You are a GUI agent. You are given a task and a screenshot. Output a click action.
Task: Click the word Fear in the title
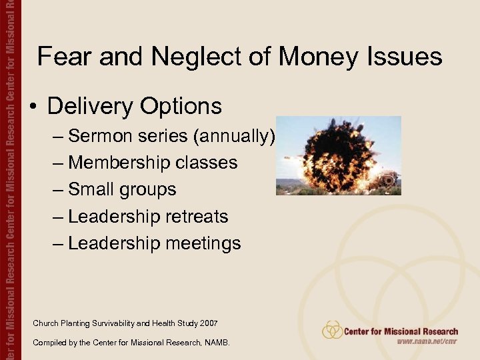(64, 57)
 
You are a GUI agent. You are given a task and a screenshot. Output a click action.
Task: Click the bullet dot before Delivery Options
(33, 107)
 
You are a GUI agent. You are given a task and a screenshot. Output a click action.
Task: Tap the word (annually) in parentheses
(234, 136)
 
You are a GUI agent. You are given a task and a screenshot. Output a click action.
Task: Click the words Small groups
(122, 189)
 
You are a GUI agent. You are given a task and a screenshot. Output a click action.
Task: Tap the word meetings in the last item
(204, 243)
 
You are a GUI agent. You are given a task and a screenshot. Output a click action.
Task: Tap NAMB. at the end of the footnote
(219, 343)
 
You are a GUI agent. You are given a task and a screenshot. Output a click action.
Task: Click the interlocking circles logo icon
(332, 330)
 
